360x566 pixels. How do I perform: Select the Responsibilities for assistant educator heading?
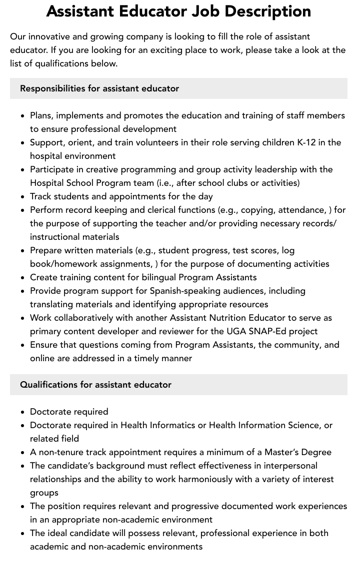pyautogui.click(x=99, y=88)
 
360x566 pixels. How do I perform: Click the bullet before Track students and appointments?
pyautogui.click(x=22, y=196)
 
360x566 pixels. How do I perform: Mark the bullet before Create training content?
pyautogui.click(x=22, y=277)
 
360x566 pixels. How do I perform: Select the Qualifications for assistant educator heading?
pyautogui.click(x=95, y=385)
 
